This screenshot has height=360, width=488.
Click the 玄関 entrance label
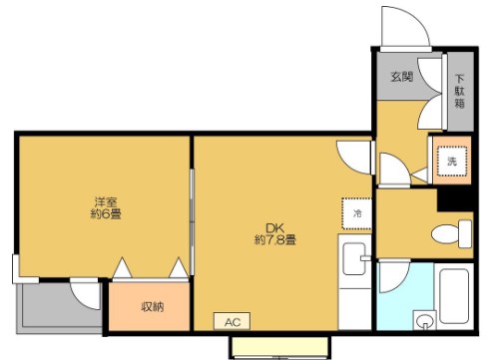pos(401,77)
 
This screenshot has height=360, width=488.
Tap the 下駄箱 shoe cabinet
pos(460,93)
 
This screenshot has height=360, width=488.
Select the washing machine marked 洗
pos(451,161)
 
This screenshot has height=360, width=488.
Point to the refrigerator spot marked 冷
pos(355,212)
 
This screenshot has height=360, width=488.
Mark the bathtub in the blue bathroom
pos(458,299)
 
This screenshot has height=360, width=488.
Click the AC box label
pos(232,321)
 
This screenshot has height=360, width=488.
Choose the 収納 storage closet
pos(151,306)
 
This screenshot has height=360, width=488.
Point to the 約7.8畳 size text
pos(273,239)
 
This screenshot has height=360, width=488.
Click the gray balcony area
pos(45,309)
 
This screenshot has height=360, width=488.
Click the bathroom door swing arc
pos(392,276)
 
